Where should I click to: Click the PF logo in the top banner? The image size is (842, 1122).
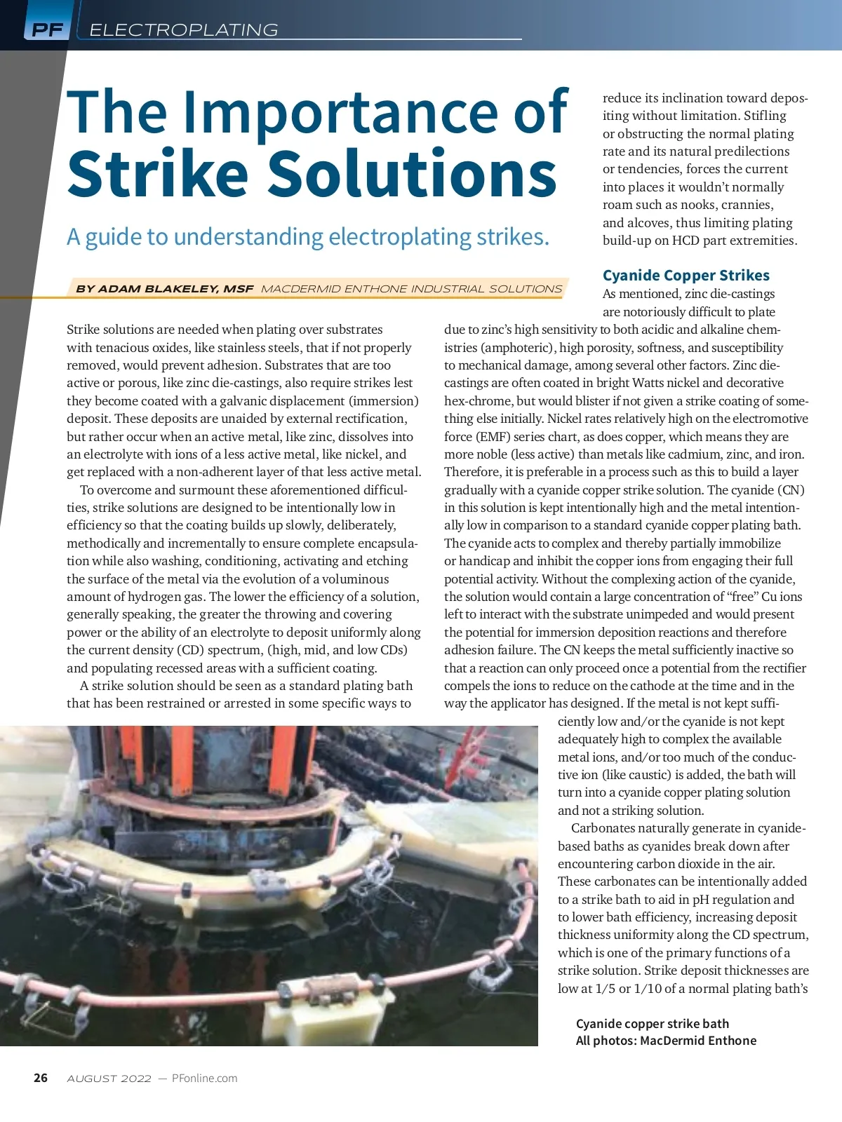click(x=47, y=29)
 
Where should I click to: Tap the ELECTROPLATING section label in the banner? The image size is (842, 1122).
click(x=184, y=30)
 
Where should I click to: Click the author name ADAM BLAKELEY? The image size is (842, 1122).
click(x=175, y=289)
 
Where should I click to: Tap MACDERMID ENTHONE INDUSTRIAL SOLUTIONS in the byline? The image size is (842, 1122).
click(x=411, y=289)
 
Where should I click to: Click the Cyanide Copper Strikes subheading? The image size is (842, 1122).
click(x=686, y=276)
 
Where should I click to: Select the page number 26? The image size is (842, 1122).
click(x=41, y=1078)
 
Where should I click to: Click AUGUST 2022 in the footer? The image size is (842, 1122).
click(x=109, y=1079)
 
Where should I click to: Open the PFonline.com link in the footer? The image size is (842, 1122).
click(x=204, y=1079)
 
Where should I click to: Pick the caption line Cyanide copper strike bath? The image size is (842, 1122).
click(x=652, y=1024)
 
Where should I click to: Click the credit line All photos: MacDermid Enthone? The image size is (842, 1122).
click(x=666, y=1041)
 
